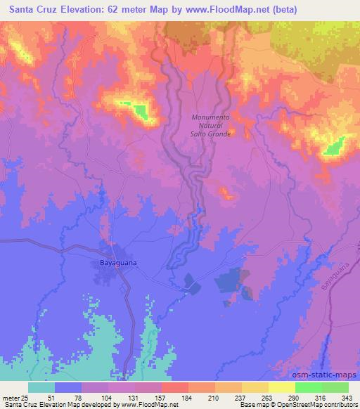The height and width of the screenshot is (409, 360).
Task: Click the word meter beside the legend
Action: click(x=8, y=398)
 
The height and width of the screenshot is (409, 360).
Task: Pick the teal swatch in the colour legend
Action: click(x=41, y=387)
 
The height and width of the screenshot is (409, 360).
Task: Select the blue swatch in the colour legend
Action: click(x=68, y=387)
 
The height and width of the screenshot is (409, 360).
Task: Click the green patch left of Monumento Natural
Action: click(x=141, y=111)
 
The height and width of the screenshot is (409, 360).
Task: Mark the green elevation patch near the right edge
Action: click(x=334, y=146)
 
